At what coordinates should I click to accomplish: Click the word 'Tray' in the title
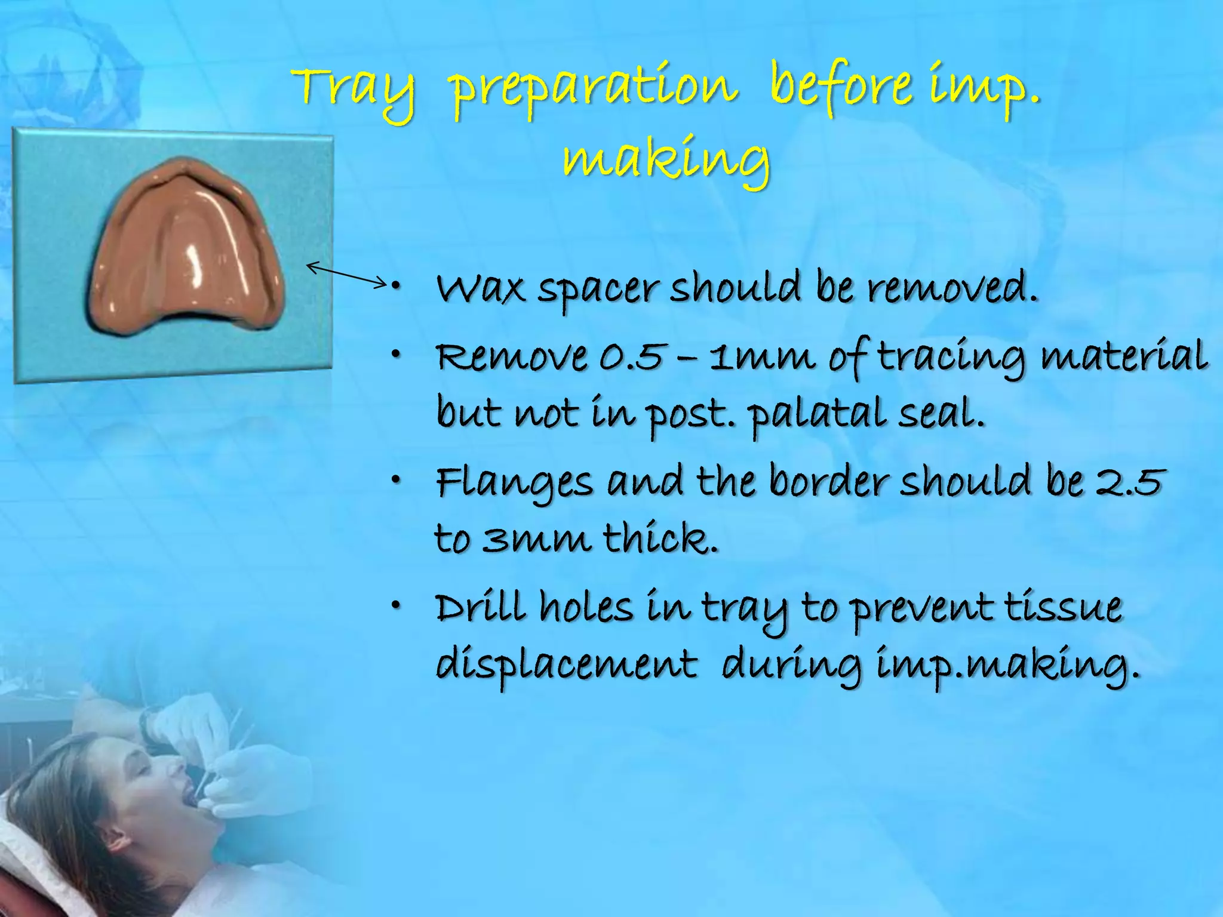coord(354,90)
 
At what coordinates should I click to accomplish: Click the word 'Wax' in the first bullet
coord(480,290)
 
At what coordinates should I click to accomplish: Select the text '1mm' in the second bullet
coord(762,358)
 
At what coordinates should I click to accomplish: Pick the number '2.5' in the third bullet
coord(1130,482)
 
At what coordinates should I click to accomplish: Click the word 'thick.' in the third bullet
coord(660,539)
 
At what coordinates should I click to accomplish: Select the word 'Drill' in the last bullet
coord(480,608)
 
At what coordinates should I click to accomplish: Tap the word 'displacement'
coord(566,664)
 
